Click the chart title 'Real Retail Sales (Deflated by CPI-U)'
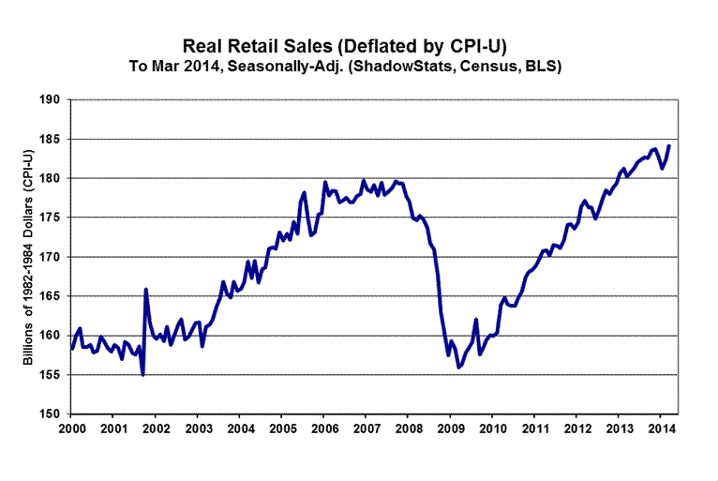359,47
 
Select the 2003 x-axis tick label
198,428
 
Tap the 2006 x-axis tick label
324,428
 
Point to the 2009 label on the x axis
451,428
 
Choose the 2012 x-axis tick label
577,428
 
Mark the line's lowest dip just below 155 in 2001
142,375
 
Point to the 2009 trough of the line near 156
458,368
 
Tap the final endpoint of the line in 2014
669,145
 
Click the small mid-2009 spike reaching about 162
476,320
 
